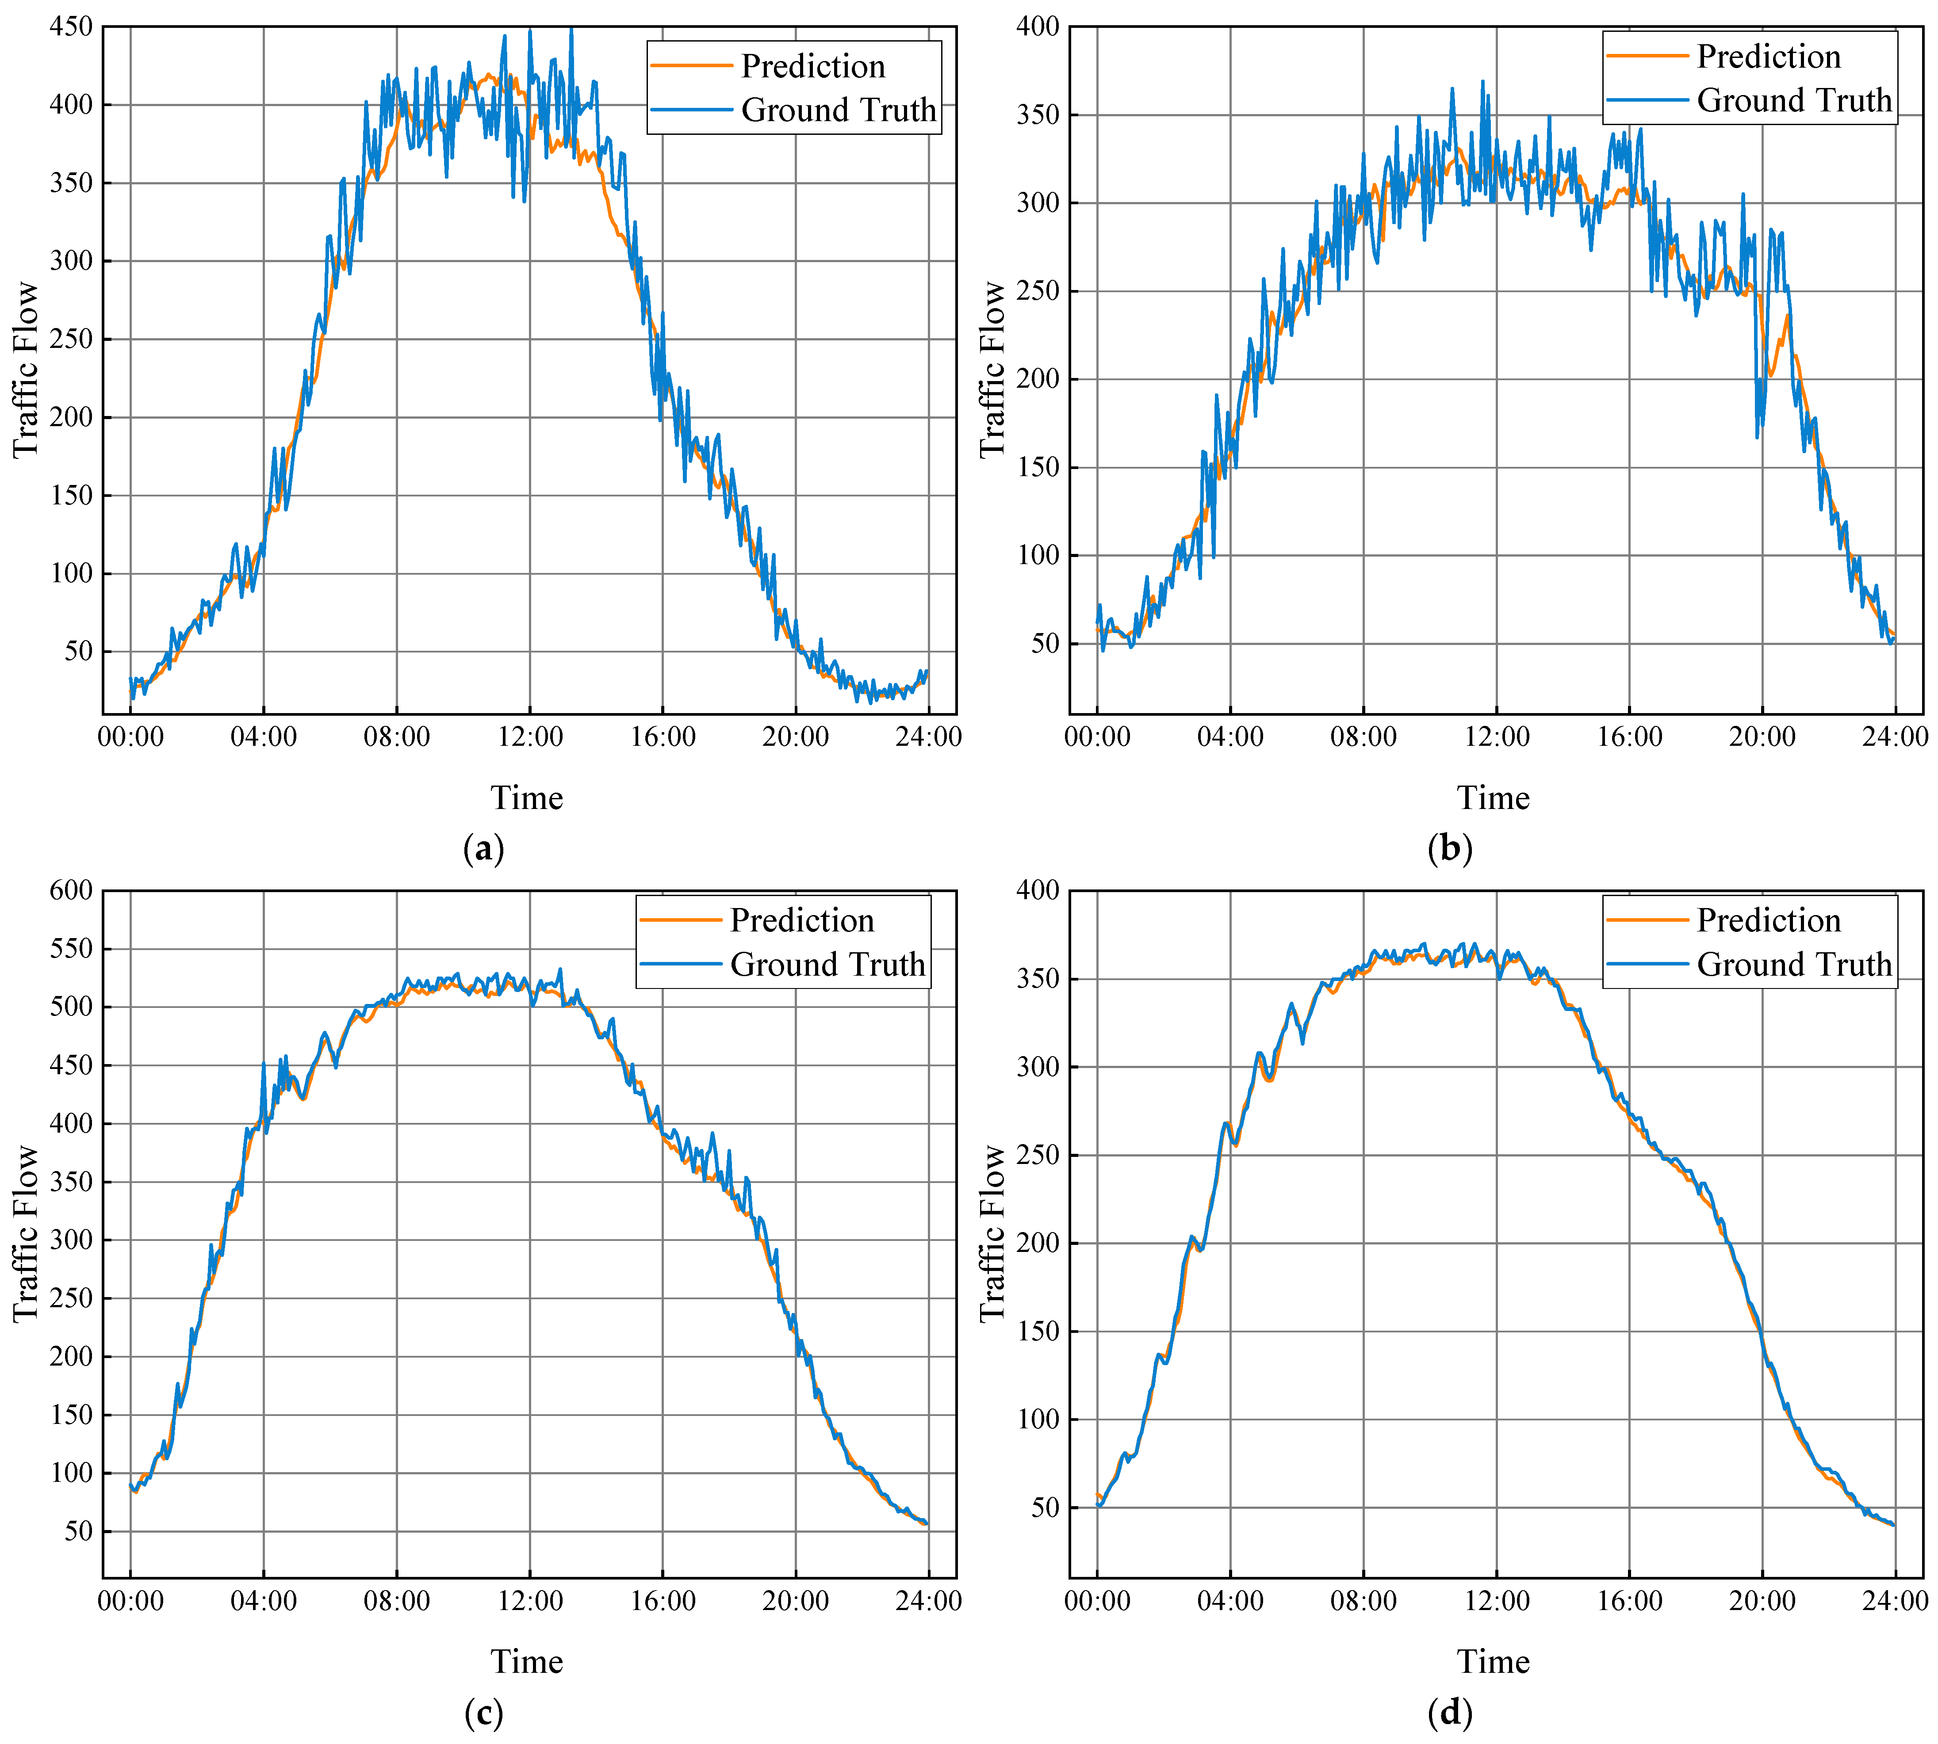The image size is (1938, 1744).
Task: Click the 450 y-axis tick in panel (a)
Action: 72,27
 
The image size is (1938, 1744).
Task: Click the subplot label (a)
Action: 483,849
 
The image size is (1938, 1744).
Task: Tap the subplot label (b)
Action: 1449,849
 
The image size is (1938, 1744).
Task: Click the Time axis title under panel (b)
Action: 1493,798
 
